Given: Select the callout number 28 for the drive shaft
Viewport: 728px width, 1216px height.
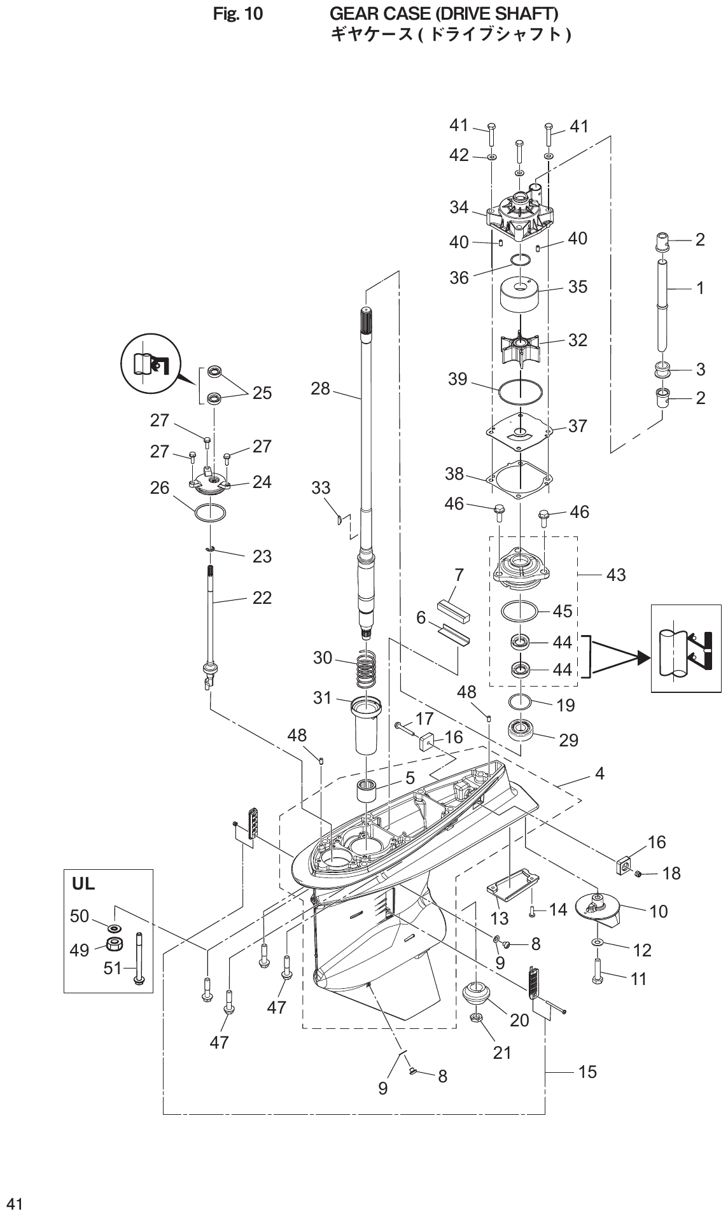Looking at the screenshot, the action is pyautogui.click(x=320, y=388).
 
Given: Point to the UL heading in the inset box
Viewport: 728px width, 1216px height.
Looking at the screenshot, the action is pyautogui.click(x=83, y=883).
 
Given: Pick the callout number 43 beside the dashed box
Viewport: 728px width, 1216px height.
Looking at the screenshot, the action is pyautogui.click(x=616, y=575).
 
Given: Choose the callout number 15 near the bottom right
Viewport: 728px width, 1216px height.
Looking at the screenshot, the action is pyautogui.click(x=587, y=1072).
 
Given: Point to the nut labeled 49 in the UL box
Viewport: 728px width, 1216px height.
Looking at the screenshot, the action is pyautogui.click(x=115, y=944).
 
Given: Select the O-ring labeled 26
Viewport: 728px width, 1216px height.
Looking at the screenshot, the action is pyautogui.click(x=209, y=513).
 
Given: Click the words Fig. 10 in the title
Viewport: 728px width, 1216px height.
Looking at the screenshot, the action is pyautogui.click(x=237, y=13).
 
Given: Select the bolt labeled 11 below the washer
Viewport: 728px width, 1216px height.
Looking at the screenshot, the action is pyautogui.click(x=597, y=972).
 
